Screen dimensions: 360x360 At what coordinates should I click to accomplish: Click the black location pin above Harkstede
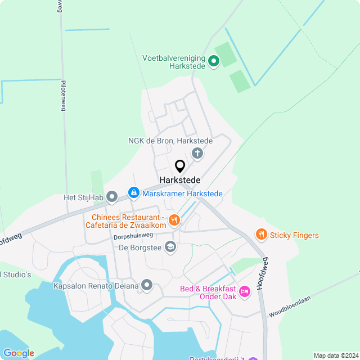180,166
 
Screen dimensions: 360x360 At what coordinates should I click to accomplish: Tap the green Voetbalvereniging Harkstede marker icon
214,61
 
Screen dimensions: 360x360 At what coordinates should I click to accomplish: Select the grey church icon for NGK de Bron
197,152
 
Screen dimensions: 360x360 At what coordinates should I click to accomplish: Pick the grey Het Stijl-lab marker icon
112,197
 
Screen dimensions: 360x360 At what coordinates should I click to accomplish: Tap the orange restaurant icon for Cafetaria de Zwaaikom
174,220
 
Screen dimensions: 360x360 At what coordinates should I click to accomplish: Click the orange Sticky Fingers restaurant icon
261,235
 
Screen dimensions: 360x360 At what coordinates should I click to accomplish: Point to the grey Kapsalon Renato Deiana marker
147,286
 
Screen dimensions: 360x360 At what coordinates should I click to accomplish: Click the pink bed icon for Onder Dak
245,291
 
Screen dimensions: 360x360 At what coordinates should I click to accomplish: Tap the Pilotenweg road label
62,93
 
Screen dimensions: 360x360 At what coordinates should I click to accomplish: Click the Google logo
18,353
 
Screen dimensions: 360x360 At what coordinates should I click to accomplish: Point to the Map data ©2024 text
335,355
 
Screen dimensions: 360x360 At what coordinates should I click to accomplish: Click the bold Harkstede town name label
180,180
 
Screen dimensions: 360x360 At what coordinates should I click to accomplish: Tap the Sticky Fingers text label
294,235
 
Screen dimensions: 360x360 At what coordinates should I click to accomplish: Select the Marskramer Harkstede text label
182,193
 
